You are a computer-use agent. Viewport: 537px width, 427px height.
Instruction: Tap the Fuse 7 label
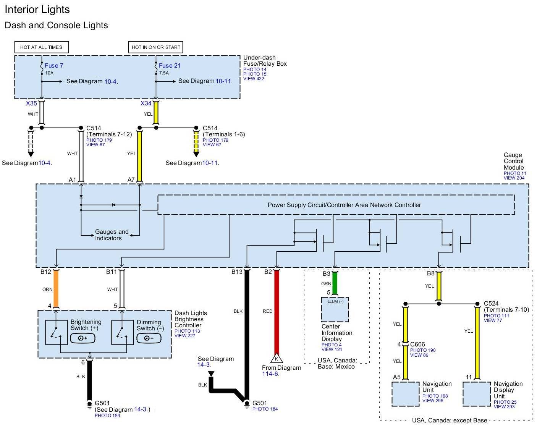54,65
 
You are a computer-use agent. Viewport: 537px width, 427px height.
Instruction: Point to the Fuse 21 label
170,65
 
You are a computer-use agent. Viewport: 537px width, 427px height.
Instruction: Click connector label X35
31,104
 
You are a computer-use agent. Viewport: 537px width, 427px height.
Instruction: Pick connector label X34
146,104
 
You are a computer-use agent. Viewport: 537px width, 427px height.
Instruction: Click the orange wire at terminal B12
56,289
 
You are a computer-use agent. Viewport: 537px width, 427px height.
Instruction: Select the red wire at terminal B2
277,312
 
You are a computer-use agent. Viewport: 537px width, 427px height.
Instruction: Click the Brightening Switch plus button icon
82,338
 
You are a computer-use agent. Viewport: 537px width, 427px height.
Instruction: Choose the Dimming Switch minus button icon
149,338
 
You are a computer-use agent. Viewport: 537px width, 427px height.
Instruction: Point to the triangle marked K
277,358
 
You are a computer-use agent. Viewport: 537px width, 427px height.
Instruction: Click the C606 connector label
417,345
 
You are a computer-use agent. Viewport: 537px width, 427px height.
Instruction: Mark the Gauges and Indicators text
112,235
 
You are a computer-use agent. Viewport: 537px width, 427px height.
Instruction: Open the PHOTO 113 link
187,331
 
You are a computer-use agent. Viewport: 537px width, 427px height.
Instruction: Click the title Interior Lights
37,10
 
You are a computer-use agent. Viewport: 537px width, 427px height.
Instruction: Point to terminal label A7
131,180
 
